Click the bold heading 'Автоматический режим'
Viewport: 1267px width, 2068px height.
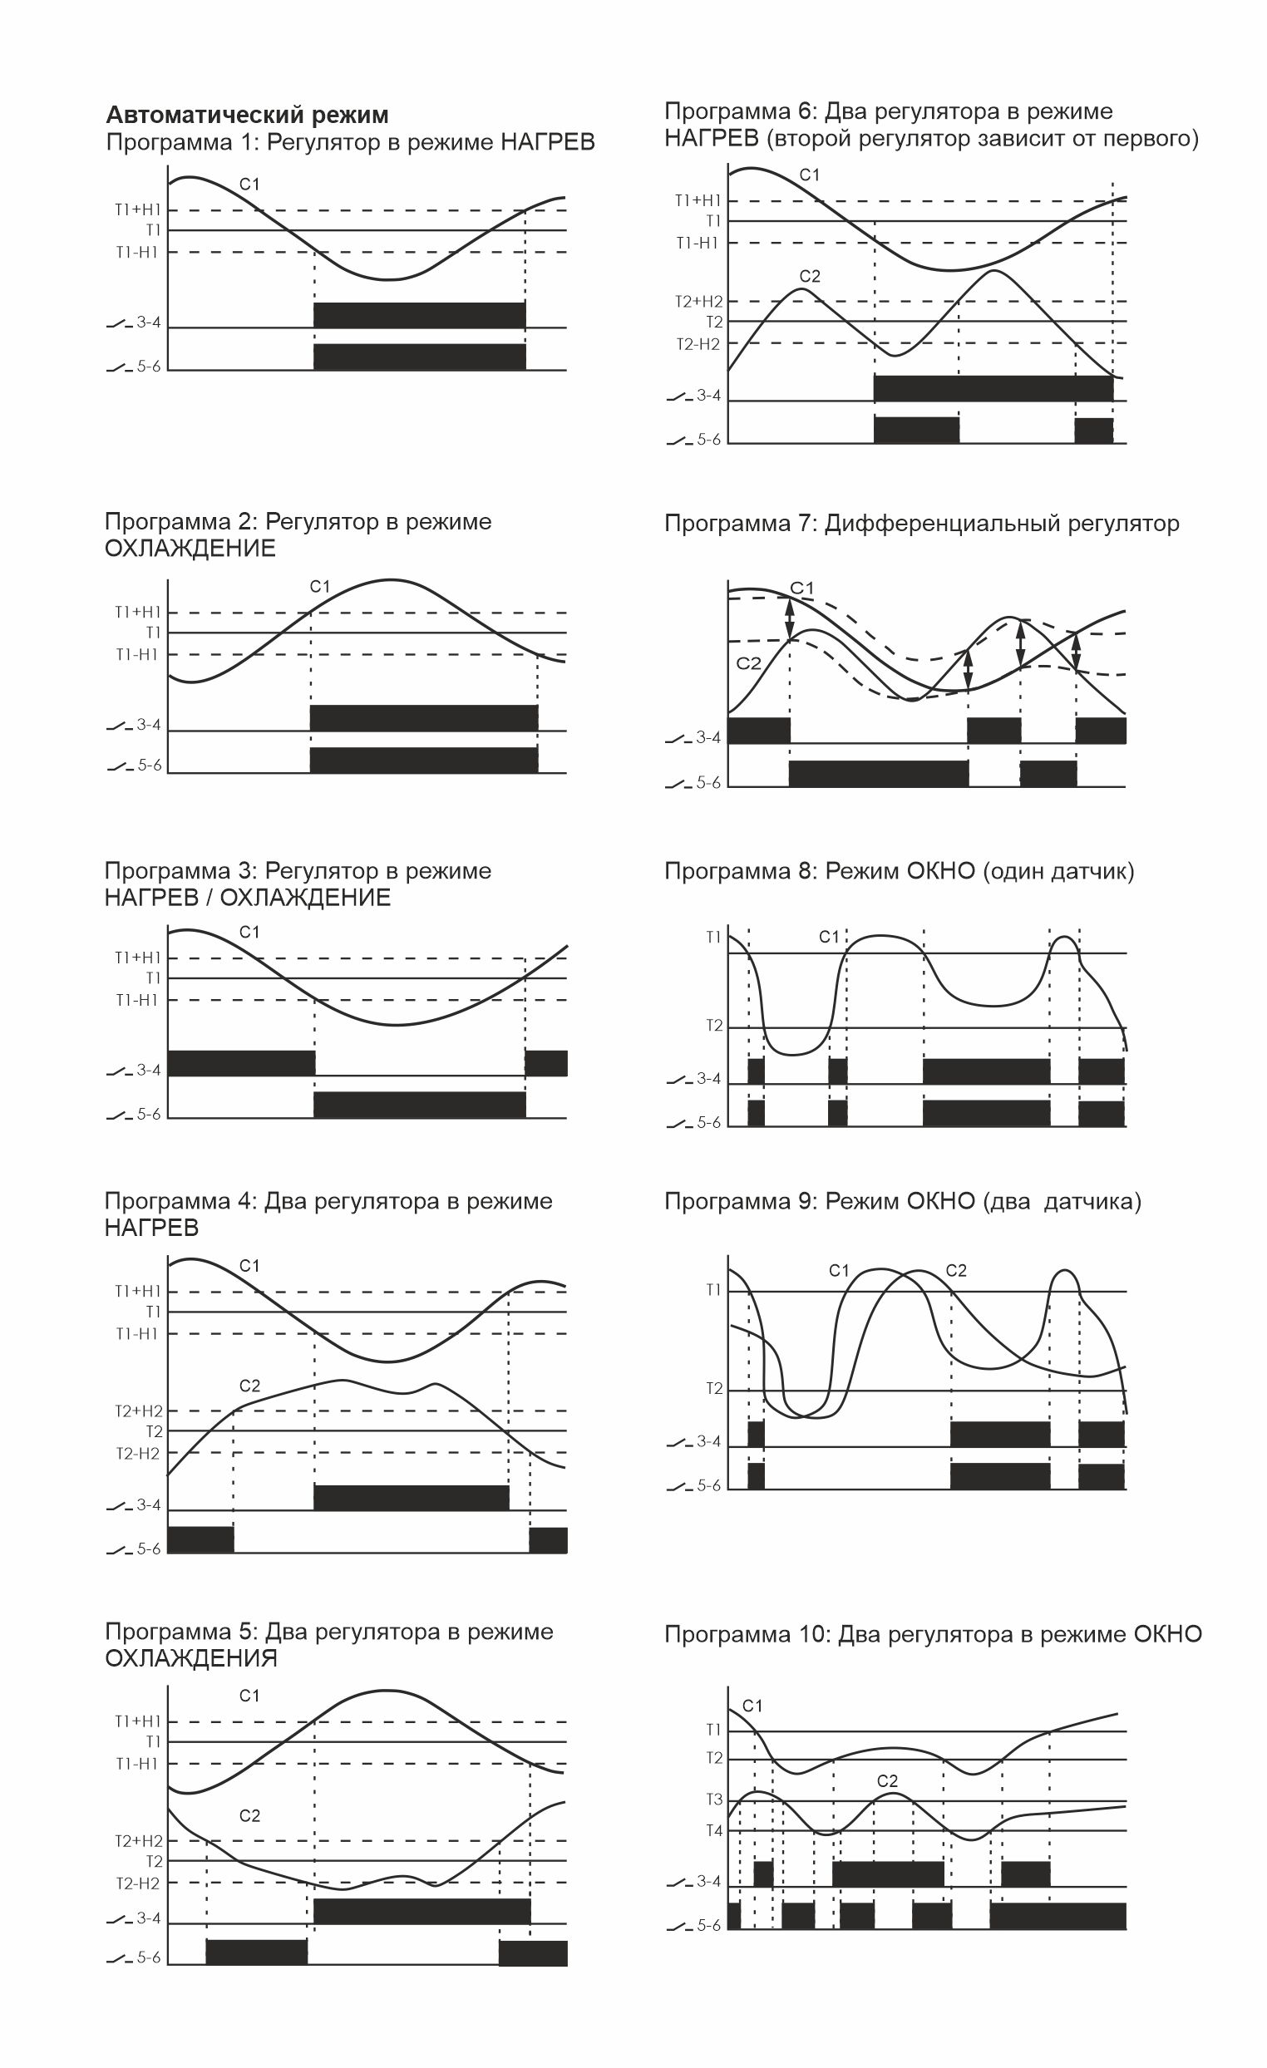pyautogui.click(x=247, y=115)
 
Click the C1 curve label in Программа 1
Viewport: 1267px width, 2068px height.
pyautogui.click(x=249, y=184)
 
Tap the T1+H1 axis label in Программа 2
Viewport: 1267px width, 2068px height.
pyautogui.click(x=137, y=612)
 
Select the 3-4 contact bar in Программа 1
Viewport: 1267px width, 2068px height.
pyautogui.click(x=419, y=315)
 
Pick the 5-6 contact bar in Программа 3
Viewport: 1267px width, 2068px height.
pyautogui.click(x=419, y=1104)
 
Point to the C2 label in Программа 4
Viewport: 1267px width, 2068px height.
pyautogui.click(x=249, y=1386)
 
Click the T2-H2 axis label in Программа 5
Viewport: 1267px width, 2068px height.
pyautogui.click(x=138, y=1883)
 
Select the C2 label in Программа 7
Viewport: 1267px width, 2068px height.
pyautogui.click(x=748, y=663)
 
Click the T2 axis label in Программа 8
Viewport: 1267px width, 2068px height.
pyautogui.click(x=713, y=1026)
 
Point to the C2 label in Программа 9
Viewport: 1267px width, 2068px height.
pyautogui.click(x=955, y=1271)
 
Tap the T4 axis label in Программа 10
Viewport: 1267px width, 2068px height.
pyautogui.click(x=713, y=1830)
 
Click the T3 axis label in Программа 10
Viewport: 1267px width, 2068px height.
pyautogui.click(x=713, y=1800)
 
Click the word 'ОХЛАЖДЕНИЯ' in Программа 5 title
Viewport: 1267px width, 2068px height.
pyautogui.click(x=190, y=1658)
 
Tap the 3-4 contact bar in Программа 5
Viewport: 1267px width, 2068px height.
pyautogui.click(x=422, y=1911)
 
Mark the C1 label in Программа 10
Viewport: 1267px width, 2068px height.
pyautogui.click(x=752, y=1706)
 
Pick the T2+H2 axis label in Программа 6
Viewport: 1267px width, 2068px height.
pyautogui.click(x=698, y=301)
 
